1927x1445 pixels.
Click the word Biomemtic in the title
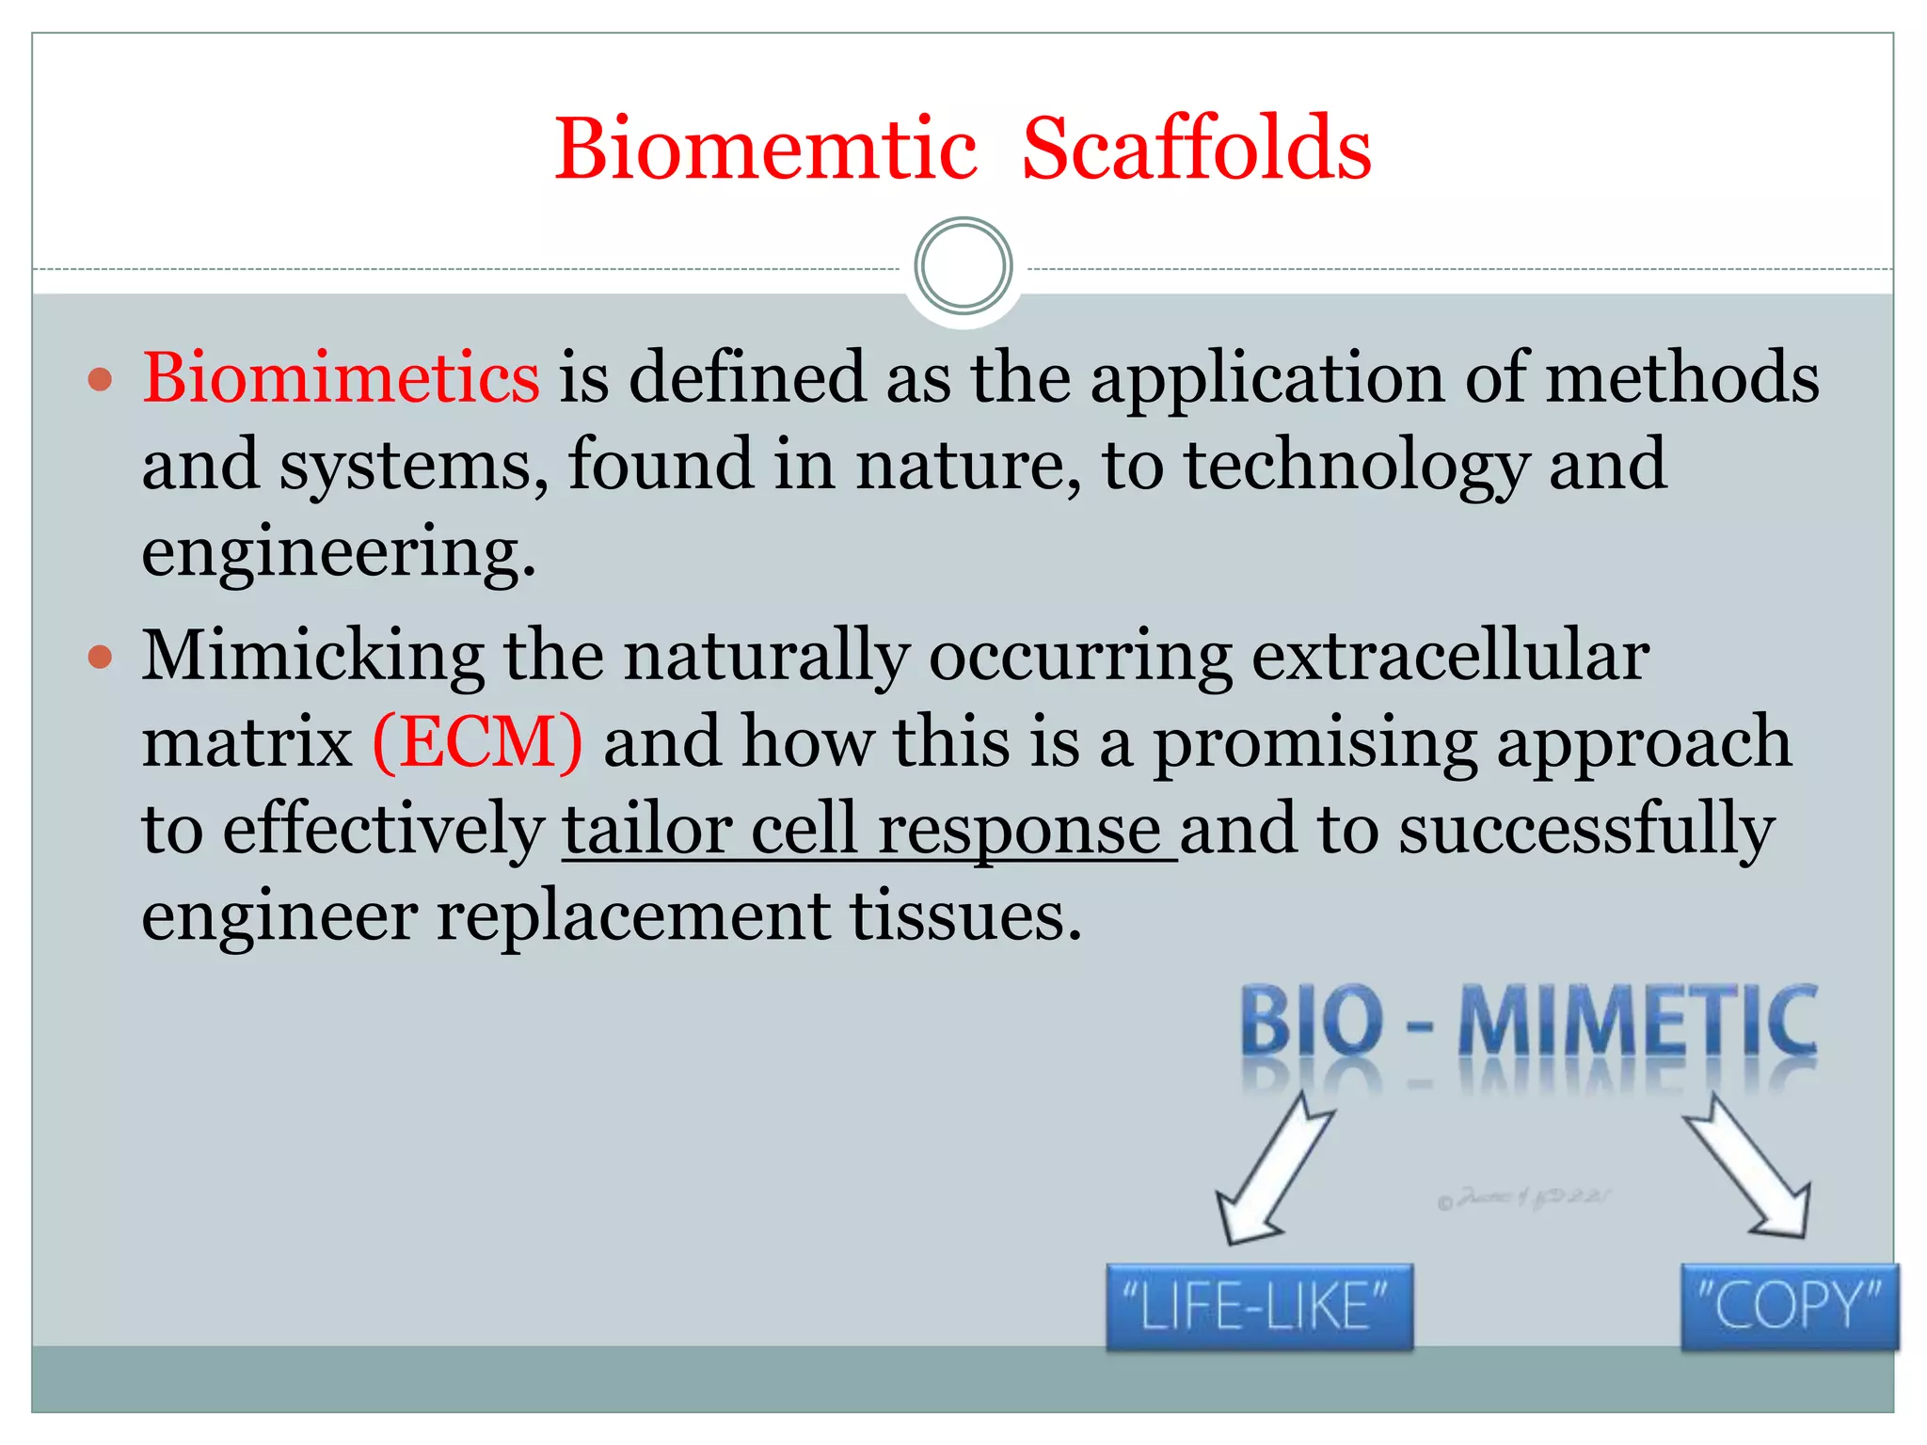coord(765,151)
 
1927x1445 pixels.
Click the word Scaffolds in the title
coord(1196,151)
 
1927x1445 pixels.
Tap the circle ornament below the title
coord(963,266)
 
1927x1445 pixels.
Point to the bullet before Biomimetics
coord(100,381)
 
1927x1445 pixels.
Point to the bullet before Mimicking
coord(100,657)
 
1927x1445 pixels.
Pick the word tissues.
coord(966,917)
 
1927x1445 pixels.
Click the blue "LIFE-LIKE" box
coord(1259,1307)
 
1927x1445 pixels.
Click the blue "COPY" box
coord(1789,1306)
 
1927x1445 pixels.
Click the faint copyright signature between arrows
coord(1524,1199)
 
